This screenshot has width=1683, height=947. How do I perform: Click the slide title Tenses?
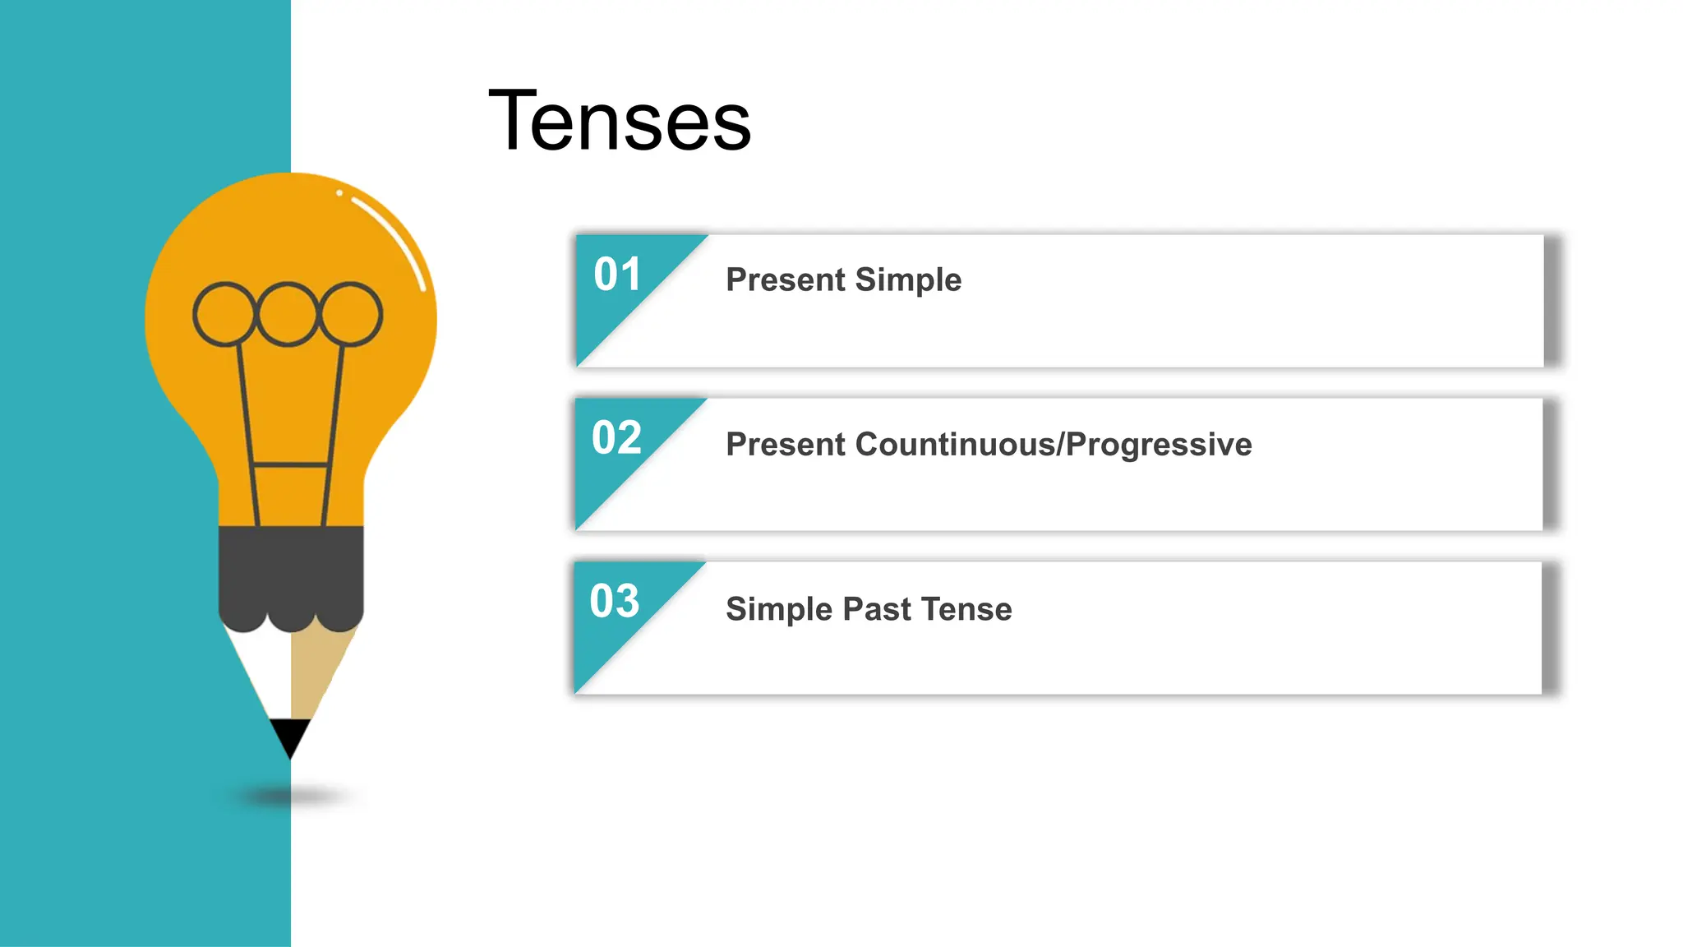tap(620, 122)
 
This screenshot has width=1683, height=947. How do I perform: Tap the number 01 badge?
tap(617, 275)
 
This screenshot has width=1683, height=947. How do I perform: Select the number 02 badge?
tap(616, 438)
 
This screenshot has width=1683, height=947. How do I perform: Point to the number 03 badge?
tap(615, 602)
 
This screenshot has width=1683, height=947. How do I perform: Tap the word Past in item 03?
tap(877, 609)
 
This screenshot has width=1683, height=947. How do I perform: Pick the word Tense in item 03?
tap(966, 609)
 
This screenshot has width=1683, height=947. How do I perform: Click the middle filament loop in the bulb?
tap(287, 314)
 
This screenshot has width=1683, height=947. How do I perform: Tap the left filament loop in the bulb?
tap(224, 314)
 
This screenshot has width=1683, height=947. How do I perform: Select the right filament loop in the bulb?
tap(351, 314)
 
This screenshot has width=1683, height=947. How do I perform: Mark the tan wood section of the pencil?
tap(316, 666)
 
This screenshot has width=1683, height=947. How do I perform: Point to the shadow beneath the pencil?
tap(292, 796)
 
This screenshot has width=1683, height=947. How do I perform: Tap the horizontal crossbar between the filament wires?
tap(291, 465)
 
